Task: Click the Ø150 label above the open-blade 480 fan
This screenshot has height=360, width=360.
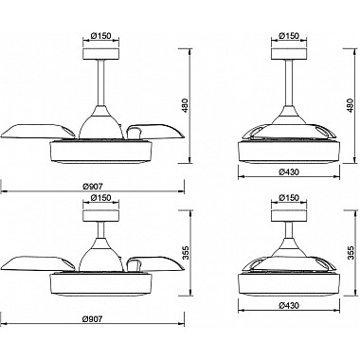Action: pos(100,36)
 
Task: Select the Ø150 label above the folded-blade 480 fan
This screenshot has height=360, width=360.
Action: pos(289,36)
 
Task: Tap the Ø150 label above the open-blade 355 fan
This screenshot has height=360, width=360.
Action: pos(100,198)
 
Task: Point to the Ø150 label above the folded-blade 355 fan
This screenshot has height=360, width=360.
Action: pos(289,198)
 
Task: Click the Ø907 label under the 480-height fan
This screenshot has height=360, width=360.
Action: pos(93,187)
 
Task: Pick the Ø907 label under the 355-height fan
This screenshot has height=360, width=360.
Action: pos(93,319)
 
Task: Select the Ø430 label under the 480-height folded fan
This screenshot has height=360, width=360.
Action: pos(289,172)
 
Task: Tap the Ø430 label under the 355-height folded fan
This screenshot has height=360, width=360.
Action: pos(289,305)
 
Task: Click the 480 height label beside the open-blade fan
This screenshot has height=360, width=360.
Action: pos(186,106)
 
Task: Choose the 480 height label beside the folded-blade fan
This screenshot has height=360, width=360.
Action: pos(350,106)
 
